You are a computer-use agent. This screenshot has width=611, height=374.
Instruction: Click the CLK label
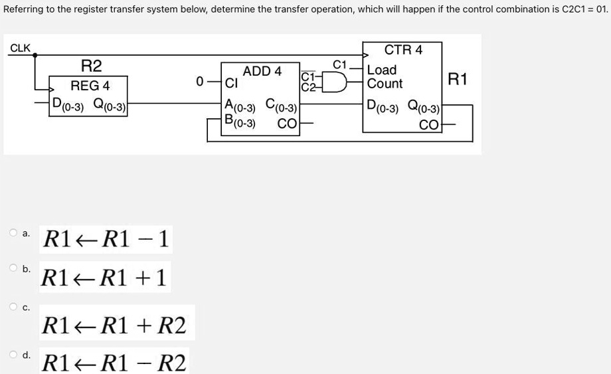[x=20, y=48]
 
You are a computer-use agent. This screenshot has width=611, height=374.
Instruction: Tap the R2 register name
[x=91, y=66]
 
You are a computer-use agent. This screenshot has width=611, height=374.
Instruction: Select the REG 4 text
[x=90, y=86]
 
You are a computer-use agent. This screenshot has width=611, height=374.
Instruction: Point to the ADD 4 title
[x=262, y=71]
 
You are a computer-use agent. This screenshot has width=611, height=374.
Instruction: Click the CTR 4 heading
[x=403, y=50]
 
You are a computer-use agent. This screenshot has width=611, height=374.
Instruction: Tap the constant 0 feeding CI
[x=199, y=82]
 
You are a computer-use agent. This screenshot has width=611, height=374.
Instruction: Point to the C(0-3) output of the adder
[x=281, y=105]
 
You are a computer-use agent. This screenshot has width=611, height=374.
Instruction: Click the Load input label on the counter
[x=382, y=70]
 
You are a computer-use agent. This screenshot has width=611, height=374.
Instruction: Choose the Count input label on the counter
[x=385, y=84]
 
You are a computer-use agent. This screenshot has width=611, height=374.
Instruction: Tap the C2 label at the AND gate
[x=307, y=87]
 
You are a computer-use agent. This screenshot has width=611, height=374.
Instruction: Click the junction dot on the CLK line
[x=36, y=56]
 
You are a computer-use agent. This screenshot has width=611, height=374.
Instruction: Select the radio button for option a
[x=13, y=233]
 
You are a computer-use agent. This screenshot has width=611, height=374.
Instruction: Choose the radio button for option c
[x=13, y=306]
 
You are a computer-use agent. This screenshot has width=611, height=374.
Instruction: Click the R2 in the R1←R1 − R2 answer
[x=174, y=363]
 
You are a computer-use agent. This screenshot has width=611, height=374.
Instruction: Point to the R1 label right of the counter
[x=458, y=80]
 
